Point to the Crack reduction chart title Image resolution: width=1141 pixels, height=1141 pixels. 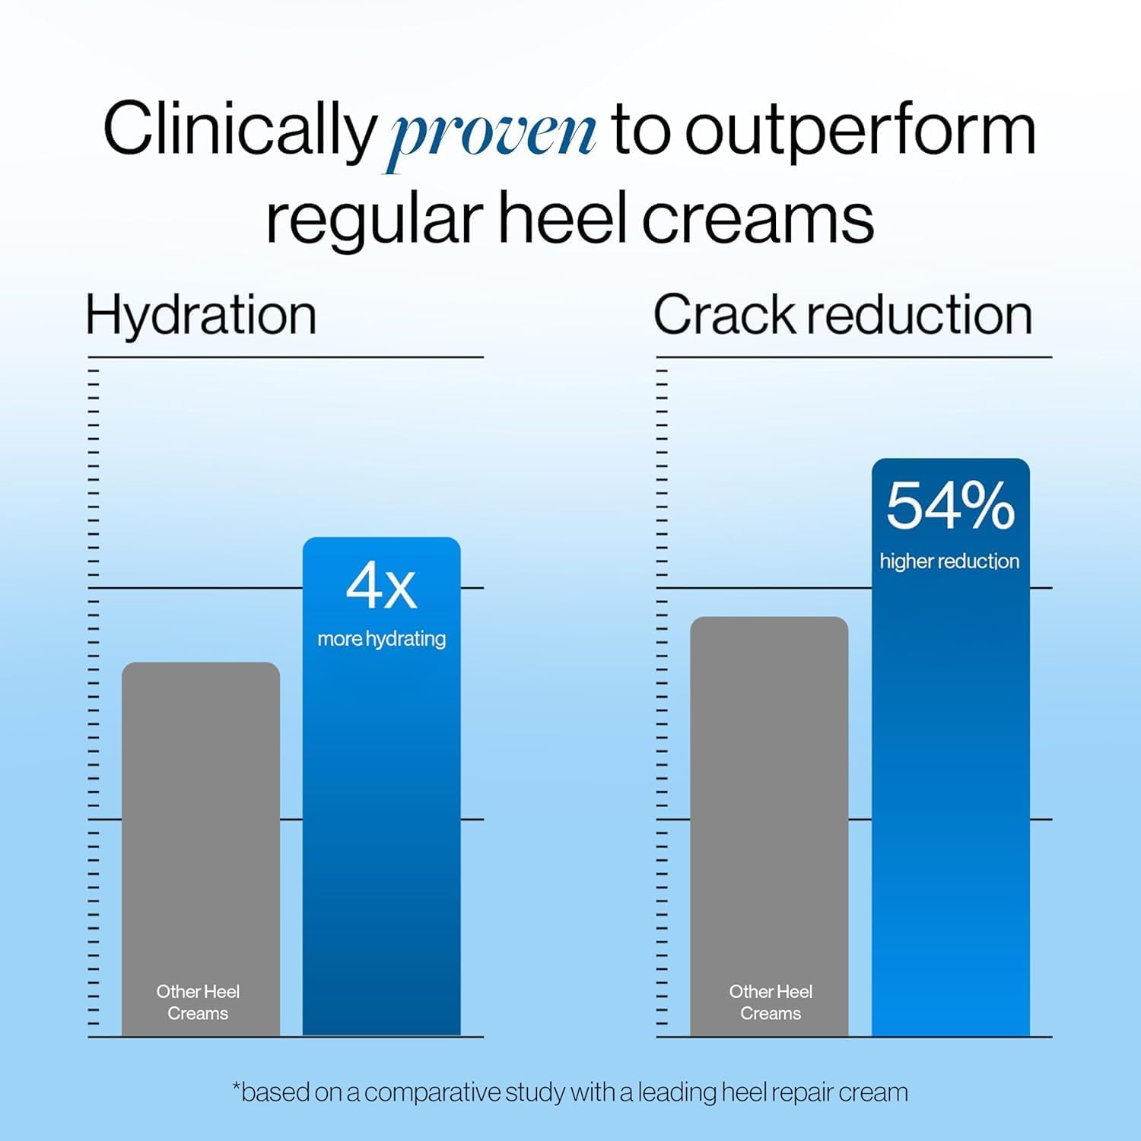pyautogui.click(x=843, y=315)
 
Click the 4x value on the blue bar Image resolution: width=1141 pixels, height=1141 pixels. pyautogui.click(x=381, y=586)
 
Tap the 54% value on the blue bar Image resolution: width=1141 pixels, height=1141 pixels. pyautogui.click(x=950, y=506)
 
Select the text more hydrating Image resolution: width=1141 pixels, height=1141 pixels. pyautogui.click(x=382, y=639)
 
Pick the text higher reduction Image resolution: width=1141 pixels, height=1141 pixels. pyautogui.click(x=949, y=561)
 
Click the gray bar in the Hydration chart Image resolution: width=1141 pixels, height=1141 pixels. pyautogui.click(x=201, y=849)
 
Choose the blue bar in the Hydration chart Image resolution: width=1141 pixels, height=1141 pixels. pyautogui.click(x=382, y=787)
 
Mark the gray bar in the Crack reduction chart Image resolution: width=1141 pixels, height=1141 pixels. pyautogui.click(x=769, y=826)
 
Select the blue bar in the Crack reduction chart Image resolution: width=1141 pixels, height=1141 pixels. pyautogui.click(x=951, y=747)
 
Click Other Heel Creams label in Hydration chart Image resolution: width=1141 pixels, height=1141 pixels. pyautogui.click(x=198, y=1003)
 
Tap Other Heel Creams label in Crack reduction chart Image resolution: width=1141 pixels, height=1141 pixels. pyautogui.click(x=771, y=1003)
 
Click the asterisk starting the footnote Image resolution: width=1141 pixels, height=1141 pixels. pyautogui.click(x=236, y=1085)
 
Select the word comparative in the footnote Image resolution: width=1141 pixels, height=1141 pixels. pyautogui.click(x=434, y=1093)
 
